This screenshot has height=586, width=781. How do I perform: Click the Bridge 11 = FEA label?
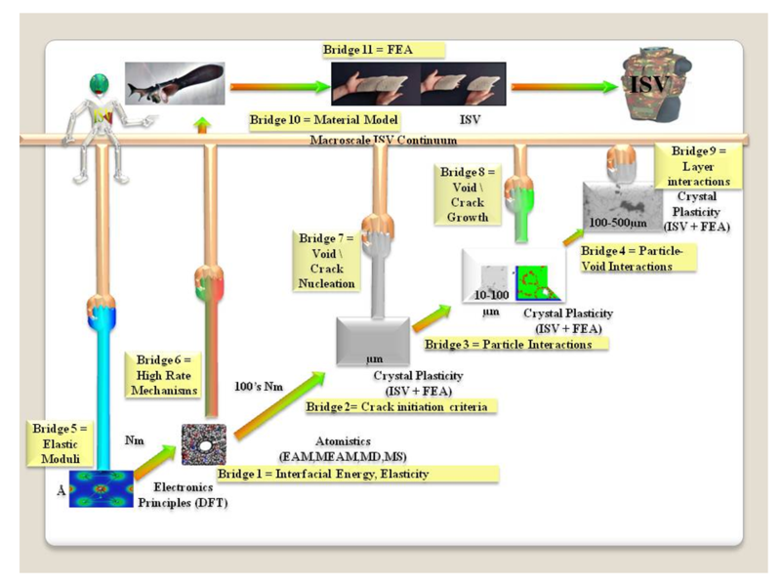coord(383,49)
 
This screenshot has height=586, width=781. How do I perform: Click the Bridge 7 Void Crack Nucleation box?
coord(328,261)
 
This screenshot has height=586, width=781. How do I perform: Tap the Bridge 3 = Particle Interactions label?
coord(515,344)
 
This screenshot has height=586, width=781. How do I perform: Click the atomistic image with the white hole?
coord(205,442)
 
